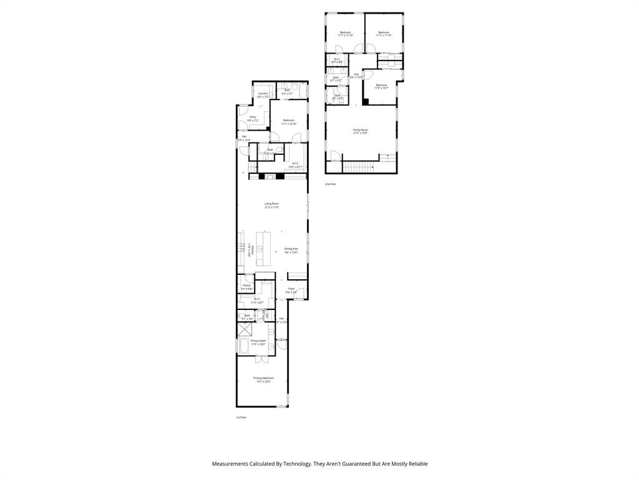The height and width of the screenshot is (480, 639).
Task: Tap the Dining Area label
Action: pyautogui.click(x=291, y=250)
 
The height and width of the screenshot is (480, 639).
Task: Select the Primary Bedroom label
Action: pyautogui.click(x=263, y=379)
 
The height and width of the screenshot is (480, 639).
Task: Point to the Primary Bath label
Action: pyautogui.click(x=258, y=342)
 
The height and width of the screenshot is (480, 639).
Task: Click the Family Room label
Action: pyautogui.click(x=360, y=131)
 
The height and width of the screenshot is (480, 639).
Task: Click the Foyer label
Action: pyautogui.click(x=291, y=290)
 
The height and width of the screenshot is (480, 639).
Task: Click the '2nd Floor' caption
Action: pyautogui.click(x=330, y=184)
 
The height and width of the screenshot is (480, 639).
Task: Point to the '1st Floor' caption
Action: pyautogui.click(x=241, y=417)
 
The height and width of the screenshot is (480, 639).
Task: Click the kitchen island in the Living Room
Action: pyautogui.click(x=263, y=249)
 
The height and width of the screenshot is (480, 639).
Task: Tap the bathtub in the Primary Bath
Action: pyautogui.click(x=243, y=346)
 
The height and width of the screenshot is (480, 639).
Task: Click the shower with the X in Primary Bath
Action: pyautogui.click(x=243, y=330)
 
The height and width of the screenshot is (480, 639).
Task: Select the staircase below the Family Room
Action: pyautogui.click(x=358, y=167)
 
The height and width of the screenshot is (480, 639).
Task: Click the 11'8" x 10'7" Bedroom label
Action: pyautogui.click(x=381, y=86)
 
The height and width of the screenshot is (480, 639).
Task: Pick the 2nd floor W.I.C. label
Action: pyautogui.click(x=337, y=61)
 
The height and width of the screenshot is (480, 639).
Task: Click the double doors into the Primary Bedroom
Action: pyautogui.click(x=261, y=357)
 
